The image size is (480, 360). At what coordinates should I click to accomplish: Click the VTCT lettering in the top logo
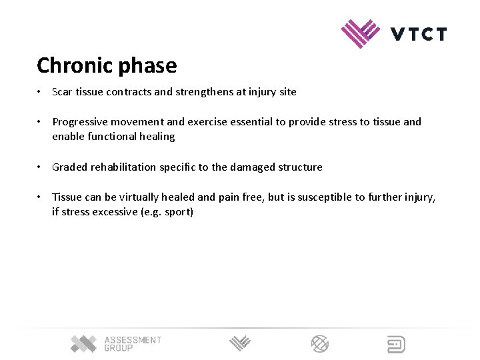pyautogui.click(x=419, y=34)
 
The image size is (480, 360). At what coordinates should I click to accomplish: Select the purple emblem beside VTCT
pyautogui.click(x=361, y=33)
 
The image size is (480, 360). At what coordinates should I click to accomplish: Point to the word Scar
pyautogui.click(x=62, y=92)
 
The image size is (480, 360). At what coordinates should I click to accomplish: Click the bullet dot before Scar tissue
pyautogui.click(x=41, y=92)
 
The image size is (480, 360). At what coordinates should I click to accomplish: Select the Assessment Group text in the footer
pyautogui.click(x=132, y=344)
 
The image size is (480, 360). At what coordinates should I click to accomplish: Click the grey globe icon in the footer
pyautogui.click(x=320, y=344)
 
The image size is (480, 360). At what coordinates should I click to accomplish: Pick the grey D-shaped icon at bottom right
pyautogui.click(x=396, y=344)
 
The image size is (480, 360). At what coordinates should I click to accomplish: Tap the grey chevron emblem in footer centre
pyautogui.click(x=240, y=344)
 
